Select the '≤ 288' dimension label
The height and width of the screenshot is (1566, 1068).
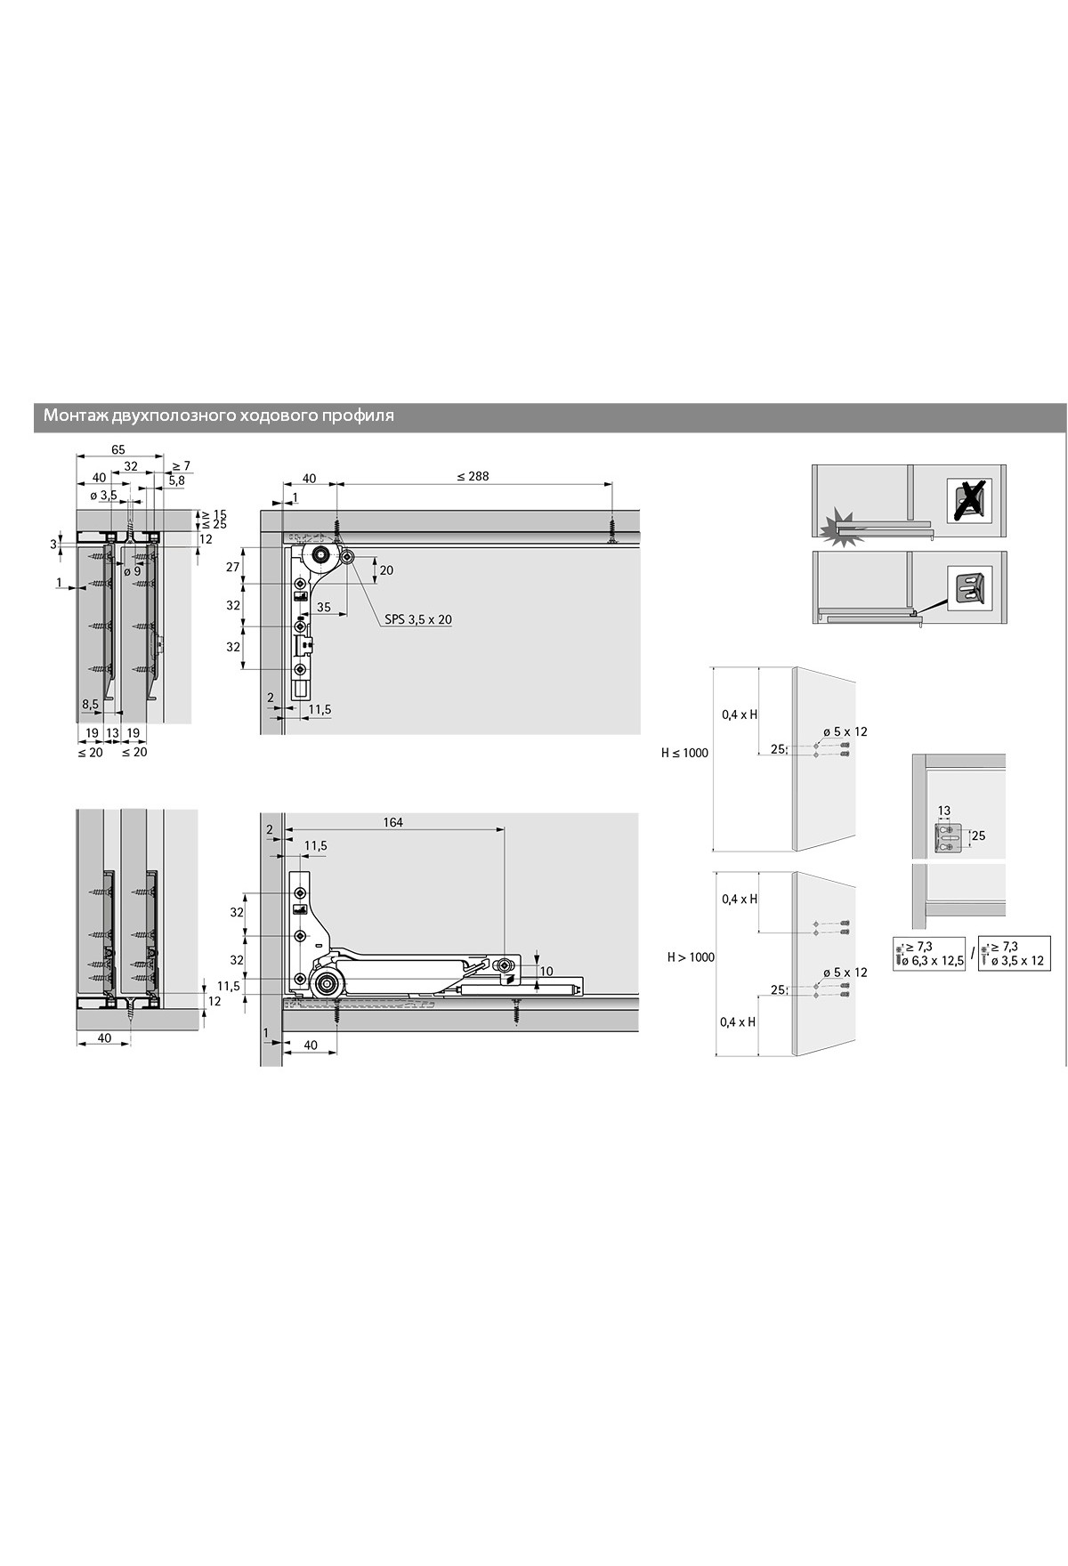(473, 476)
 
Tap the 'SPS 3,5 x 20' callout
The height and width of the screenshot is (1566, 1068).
(418, 619)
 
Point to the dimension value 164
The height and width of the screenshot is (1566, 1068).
(392, 822)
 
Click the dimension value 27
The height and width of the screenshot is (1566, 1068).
(233, 567)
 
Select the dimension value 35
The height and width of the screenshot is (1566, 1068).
(323, 608)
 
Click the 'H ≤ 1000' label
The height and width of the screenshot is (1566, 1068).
(684, 753)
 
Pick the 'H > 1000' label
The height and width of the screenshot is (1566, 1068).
(692, 957)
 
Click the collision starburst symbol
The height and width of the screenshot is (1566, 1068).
(839, 530)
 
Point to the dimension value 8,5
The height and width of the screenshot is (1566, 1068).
(91, 704)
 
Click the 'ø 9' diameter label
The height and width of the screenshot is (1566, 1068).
(132, 571)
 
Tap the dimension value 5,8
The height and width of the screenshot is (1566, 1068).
(176, 480)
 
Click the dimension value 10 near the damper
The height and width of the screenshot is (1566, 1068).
(546, 971)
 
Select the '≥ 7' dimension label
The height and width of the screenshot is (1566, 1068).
(181, 465)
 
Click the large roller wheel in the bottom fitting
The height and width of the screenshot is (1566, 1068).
(326, 983)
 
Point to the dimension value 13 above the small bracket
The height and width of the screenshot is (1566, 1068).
(944, 811)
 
